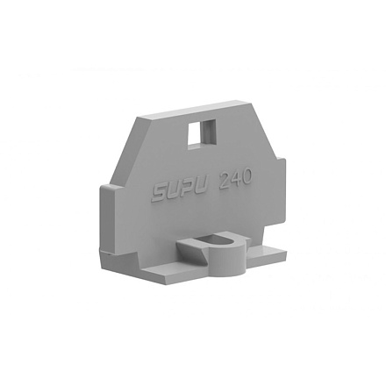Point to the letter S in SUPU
click(x=160, y=194)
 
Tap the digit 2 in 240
click(x=225, y=182)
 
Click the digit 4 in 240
click(x=235, y=180)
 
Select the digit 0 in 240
click(x=247, y=177)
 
